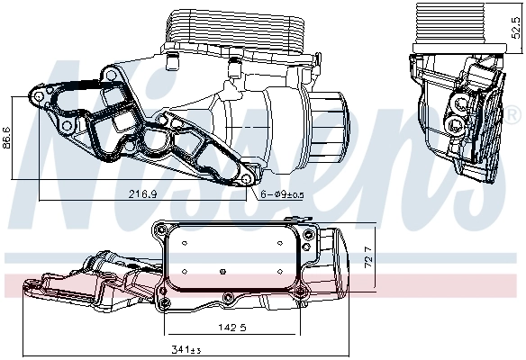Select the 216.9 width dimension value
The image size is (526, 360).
(142, 193)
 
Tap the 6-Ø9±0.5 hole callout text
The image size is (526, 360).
(282, 193)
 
